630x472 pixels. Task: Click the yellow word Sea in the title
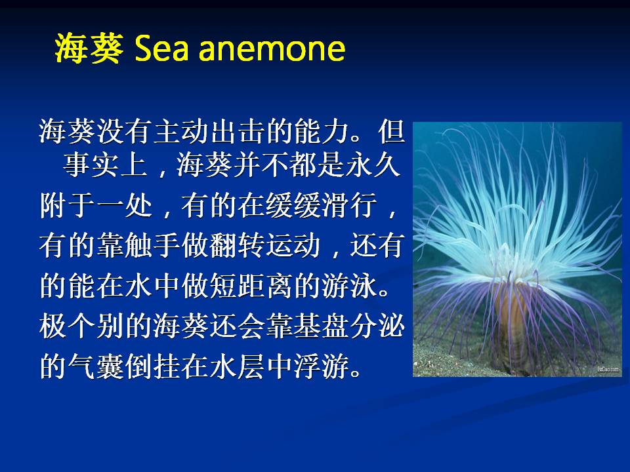coord(161,49)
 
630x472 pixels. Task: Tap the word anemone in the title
coord(272,49)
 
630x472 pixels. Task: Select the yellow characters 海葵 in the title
coord(89,49)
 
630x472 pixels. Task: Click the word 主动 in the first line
coord(180,131)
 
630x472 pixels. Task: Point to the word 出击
coord(237,131)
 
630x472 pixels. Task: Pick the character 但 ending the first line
coord(391,131)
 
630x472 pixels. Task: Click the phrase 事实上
coord(105,164)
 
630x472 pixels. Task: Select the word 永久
coord(373,164)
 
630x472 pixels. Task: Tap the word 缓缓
coord(293,205)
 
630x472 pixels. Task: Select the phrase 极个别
coord(81,326)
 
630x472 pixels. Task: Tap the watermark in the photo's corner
coord(608,369)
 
